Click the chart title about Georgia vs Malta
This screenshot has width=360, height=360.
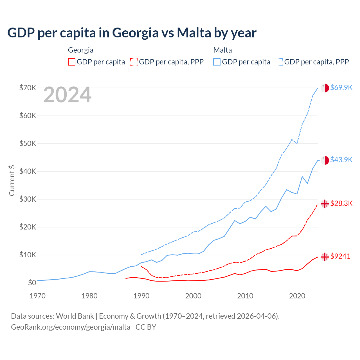click(x=132, y=33)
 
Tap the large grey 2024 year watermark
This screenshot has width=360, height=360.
click(x=67, y=95)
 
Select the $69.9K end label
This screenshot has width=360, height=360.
click(x=341, y=87)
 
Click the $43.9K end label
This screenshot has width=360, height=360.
click(x=341, y=160)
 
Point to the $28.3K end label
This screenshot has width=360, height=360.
click(x=341, y=203)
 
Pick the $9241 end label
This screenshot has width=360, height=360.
click(x=340, y=256)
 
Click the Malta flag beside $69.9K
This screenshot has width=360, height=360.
click(x=325, y=88)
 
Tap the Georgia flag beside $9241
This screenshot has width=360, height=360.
click(x=325, y=256)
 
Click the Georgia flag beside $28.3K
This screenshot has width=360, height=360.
click(x=325, y=204)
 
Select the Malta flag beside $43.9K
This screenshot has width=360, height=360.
click(x=325, y=160)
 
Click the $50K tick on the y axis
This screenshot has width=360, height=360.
click(x=28, y=143)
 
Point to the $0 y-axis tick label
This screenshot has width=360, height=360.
click(x=32, y=283)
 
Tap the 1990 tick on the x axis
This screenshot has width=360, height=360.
click(x=141, y=296)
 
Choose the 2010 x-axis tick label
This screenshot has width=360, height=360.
click(x=245, y=296)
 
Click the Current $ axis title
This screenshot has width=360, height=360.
click(x=12, y=180)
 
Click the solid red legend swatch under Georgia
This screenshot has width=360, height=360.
click(x=72, y=62)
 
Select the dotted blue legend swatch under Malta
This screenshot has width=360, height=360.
click(x=279, y=62)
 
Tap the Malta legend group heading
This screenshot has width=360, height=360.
click(x=222, y=50)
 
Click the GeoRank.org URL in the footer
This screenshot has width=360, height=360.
click(x=71, y=327)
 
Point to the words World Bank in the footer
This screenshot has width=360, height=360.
click(x=75, y=316)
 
